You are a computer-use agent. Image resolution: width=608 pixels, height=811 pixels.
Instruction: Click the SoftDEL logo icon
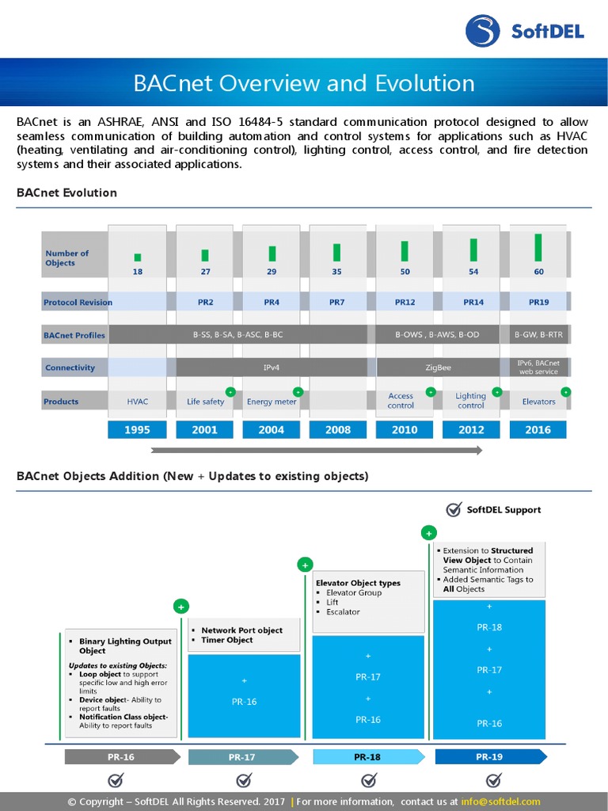[x=484, y=31]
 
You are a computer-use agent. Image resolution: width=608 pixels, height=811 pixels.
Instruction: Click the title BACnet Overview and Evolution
[x=304, y=83]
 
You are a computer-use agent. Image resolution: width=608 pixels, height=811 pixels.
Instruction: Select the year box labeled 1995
[x=138, y=430]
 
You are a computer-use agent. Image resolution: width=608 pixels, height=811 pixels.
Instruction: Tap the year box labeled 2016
[x=538, y=430]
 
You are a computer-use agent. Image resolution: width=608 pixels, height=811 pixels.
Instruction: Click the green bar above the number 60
[x=538, y=247]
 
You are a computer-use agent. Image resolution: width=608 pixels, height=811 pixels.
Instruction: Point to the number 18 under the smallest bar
[x=138, y=272]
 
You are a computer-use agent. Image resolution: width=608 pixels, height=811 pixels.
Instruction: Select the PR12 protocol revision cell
[x=405, y=302]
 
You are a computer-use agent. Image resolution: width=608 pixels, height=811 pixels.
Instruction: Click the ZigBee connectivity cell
[x=438, y=367]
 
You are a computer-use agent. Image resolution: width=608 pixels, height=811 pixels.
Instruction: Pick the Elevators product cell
[x=538, y=402]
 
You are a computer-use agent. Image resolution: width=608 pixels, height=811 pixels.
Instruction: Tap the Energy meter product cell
[x=272, y=402]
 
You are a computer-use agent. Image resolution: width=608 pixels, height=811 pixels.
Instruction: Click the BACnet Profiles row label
[x=74, y=335]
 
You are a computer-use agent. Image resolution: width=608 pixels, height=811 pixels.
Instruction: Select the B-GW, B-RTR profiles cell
[x=538, y=335]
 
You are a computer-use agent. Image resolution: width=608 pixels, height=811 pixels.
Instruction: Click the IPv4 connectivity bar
[x=272, y=367]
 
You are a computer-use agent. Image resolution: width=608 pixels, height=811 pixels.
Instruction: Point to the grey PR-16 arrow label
[x=121, y=757]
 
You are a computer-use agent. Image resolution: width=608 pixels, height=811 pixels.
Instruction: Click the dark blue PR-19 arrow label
[x=489, y=757]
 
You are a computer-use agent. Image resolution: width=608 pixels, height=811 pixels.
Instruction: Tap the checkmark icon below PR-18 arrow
[x=369, y=781]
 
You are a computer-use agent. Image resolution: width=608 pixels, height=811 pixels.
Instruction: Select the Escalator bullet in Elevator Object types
[x=343, y=612]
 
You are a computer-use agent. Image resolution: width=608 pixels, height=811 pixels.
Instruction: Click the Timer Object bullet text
[x=226, y=640]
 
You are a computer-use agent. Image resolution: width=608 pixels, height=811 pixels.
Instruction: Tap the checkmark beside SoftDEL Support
[x=454, y=509]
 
